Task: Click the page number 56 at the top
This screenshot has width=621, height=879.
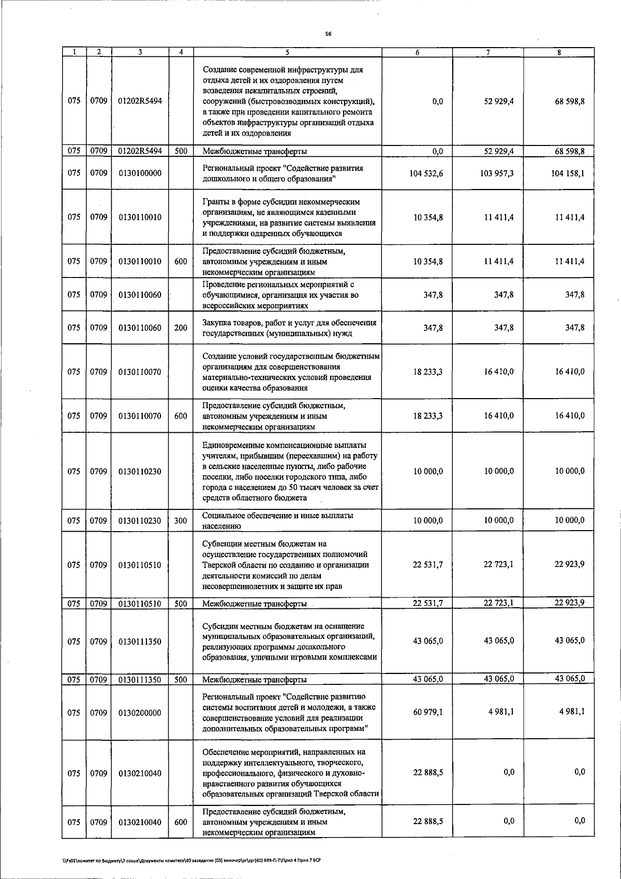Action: [328, 34]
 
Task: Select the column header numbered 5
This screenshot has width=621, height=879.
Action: [287, 52]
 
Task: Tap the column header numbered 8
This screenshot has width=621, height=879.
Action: [559, 52]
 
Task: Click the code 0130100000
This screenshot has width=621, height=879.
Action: [140, 173]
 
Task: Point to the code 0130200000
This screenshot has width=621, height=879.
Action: [140, 713]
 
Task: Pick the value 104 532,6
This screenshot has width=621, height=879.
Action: [426, 173]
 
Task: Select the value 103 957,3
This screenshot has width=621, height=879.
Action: [497, 173]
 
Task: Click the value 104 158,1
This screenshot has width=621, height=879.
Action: [568, 173]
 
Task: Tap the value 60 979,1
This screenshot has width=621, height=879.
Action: [428, 712]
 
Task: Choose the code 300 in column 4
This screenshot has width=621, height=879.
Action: [181, 521]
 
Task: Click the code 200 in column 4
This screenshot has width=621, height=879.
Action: [181, 328]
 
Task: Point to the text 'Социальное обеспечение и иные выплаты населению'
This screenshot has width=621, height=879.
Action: [278, 521]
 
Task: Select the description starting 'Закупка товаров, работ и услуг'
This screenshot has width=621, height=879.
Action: [289, 328]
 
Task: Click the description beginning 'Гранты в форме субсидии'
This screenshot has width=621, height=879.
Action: [289, 217]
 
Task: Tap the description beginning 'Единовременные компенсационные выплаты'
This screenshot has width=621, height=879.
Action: [290, 471]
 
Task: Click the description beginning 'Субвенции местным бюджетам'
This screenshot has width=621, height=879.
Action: [286, 565]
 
